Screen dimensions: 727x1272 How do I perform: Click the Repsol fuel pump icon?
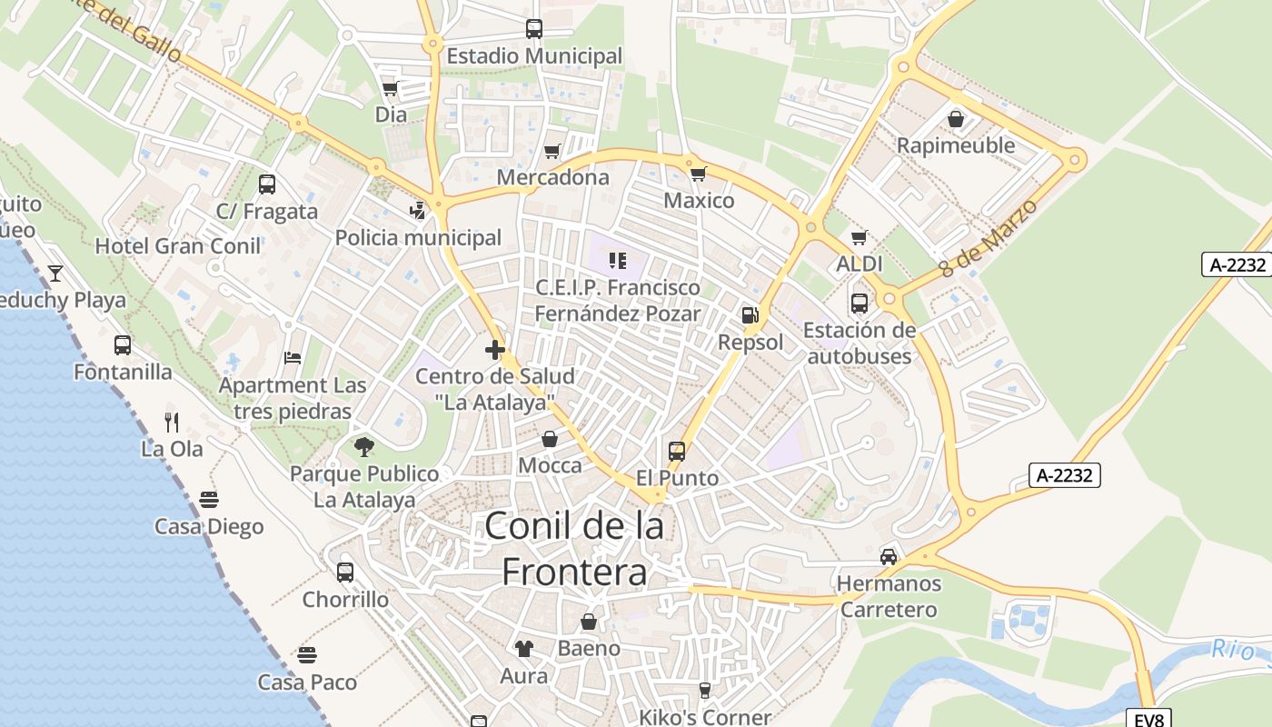(750, 315)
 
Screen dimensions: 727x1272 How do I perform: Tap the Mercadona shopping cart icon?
(552, 151)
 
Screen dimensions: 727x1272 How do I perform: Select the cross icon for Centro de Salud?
(495, 349)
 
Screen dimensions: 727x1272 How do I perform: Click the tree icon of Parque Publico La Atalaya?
(364, 446)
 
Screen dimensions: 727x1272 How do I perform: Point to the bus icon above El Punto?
(677, 451)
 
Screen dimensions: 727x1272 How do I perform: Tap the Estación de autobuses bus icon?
(860, 303)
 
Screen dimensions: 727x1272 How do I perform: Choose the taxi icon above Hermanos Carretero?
(889, 556)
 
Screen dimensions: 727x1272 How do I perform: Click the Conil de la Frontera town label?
(574, 549)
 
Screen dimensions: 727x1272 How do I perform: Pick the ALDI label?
(860, 264)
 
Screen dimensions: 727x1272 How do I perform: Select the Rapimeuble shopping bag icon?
(956, 119)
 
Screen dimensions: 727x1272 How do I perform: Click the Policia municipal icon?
(417, 211)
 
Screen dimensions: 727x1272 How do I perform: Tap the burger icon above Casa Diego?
(209, 499)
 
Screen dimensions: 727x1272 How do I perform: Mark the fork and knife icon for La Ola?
(172, 422)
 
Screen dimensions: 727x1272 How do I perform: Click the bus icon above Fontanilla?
(123, 345)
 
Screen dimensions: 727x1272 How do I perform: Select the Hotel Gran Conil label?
(178, 245)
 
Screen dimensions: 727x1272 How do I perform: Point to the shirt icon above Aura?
(524, 648)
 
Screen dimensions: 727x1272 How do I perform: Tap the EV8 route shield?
(1149, 720)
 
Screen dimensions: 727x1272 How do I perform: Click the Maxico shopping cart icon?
(698, 173)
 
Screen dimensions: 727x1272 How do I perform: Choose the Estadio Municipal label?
(534, 56)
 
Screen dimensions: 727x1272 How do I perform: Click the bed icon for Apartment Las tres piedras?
(293, 357)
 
